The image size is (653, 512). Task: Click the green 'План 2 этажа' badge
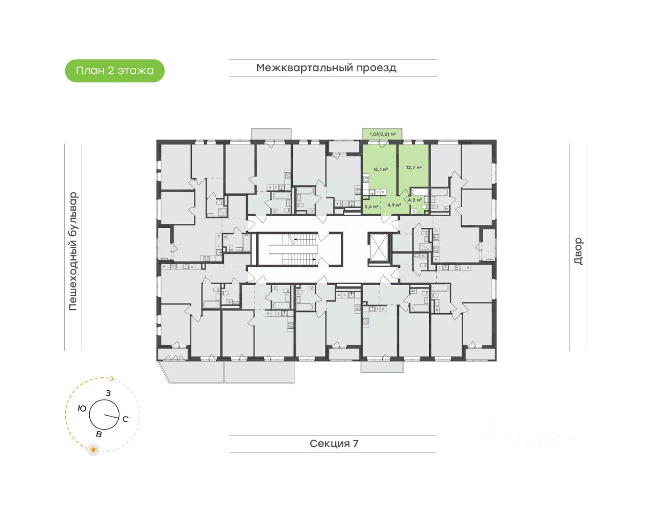tap(115, 71)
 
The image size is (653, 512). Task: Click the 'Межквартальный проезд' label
tap(326, 68)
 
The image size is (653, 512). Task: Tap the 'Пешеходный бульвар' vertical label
tap(73, 251)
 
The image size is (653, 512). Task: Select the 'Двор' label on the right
tap(578, 251)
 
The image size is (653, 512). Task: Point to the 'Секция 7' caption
tap(334, 444)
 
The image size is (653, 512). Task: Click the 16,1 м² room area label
tap(380, 169)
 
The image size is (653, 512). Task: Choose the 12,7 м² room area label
tap(414, 167)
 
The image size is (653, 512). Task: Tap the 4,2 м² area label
tap(415, 200)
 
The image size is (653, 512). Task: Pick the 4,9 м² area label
tap(394, 205)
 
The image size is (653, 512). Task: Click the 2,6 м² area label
tap(371, 207)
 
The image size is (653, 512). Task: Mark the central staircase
tap(293, 249)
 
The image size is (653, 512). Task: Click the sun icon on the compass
tap(93, 450)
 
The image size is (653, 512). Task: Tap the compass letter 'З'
tap(108, 393)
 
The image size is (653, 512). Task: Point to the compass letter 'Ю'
tap(82, 408)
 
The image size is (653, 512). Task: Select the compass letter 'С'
tap(125, 419)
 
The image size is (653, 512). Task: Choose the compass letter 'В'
tap(99, 434)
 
